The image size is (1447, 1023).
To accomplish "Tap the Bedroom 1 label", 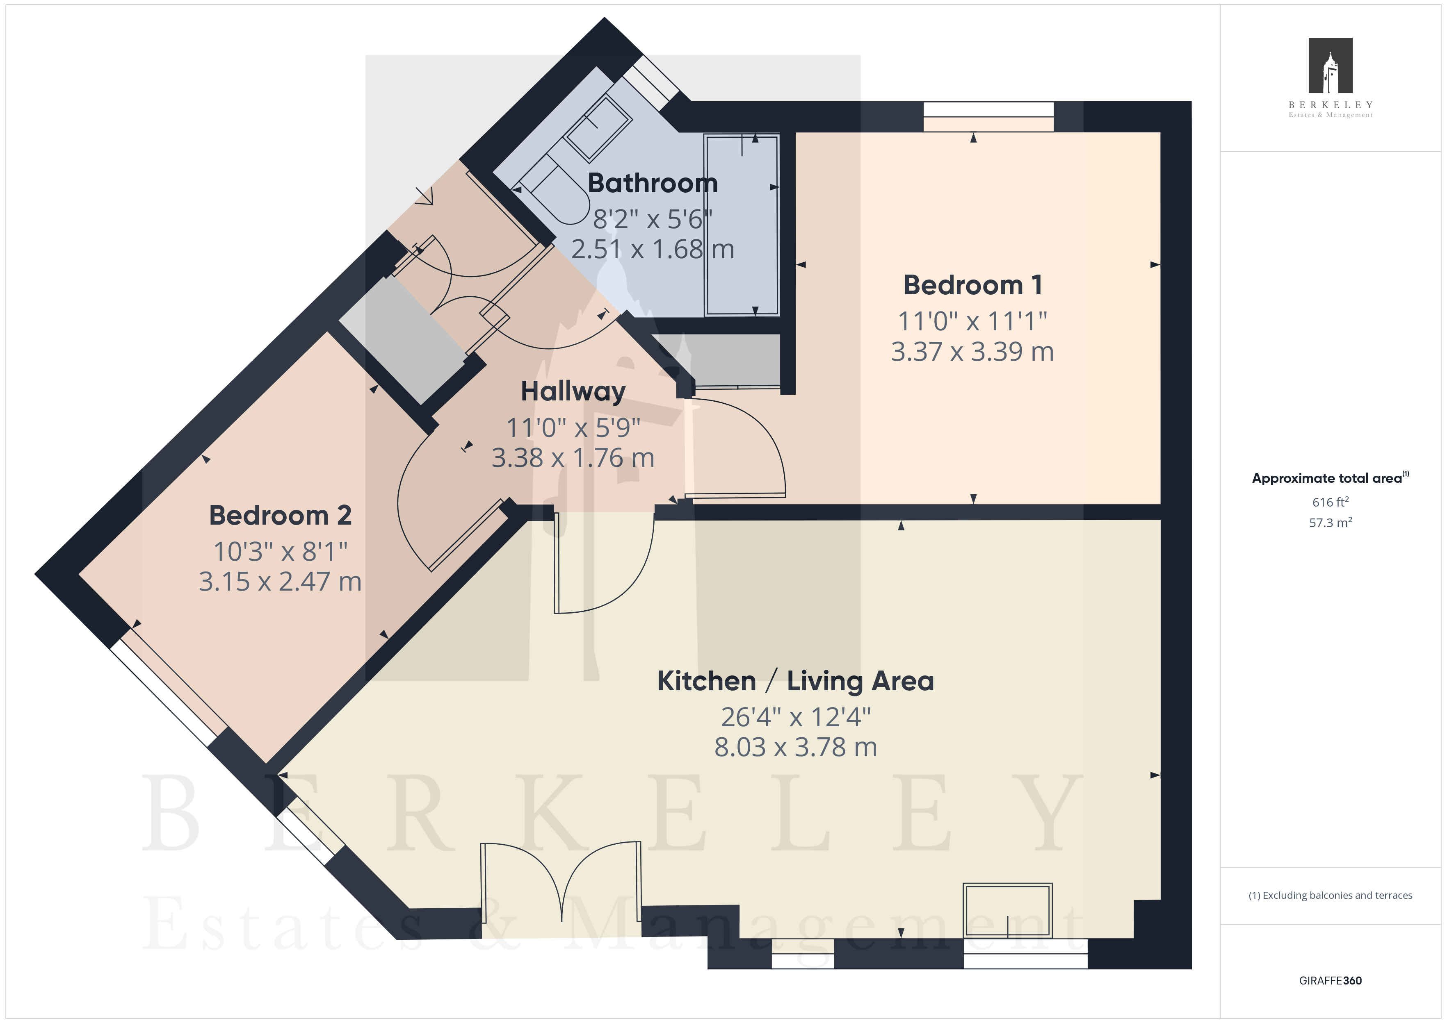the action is [x=972, y=285].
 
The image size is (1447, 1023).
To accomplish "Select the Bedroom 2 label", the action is [x=281, y=515].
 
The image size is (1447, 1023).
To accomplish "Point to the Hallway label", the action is [x=573, y=392].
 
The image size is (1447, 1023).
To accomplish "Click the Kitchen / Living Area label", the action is [x=795, y=681].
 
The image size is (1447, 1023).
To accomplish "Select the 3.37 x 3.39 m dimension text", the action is [x=972, y=352].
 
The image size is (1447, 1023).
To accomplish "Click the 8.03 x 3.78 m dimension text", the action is [x=795, y=747].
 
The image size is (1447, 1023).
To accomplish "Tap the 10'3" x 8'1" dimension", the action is [x=281, y=551].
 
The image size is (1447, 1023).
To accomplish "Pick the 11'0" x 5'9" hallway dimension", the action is [x=573, y=428].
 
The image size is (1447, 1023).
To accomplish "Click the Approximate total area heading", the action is [x=1330, y=478].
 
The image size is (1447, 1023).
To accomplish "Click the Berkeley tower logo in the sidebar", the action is [x=1331, y=66].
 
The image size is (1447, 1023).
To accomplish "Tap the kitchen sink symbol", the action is [x=1007, y=910].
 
